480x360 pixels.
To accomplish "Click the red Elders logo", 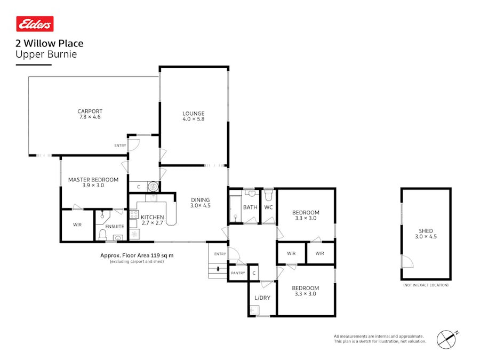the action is [35, 24].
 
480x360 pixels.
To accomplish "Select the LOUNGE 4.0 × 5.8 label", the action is [194, 116].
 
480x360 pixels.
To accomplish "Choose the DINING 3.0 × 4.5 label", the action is [200, 203].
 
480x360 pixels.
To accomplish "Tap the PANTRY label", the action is [238, 273].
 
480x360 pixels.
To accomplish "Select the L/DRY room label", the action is [262, 298].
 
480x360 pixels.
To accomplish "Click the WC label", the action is [268, 207].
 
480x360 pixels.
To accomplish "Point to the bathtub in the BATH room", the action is [236, 209].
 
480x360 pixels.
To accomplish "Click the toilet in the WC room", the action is [268, 195].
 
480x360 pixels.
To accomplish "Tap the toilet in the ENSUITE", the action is [102, 235].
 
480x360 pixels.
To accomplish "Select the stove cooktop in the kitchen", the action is [134, 214].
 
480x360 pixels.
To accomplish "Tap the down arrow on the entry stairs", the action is [218, 269].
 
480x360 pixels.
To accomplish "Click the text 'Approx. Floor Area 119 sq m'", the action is [137, 255].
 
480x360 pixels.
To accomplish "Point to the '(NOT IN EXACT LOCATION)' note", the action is [426, 285].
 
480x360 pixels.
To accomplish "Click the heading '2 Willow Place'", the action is [49, 43].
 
